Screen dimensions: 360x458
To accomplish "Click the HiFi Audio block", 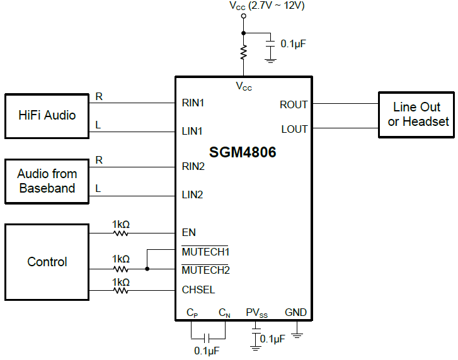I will coord(47,116).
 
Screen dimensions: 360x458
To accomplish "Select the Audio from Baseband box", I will coord(47,181).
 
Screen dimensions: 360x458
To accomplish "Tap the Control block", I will coord(47,262).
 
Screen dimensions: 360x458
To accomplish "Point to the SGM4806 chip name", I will coord(243,152).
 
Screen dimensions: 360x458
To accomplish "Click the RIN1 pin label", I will coord(193,102).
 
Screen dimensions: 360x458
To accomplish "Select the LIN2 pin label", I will coord(193,194).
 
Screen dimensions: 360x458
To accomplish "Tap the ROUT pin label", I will coord(294,104).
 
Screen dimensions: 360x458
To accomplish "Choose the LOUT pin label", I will coord(294,129).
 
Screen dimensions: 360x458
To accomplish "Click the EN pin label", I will coord(188,232).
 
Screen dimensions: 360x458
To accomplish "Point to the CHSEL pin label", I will coord(198,290).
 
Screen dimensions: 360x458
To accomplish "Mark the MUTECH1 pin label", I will coord(205,252).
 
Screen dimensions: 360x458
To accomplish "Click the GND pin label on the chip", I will coord(296,312).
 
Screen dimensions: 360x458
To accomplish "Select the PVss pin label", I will coord(256,312).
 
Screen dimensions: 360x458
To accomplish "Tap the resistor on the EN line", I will coord(120,233).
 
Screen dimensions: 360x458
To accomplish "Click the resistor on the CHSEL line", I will coord(120,290).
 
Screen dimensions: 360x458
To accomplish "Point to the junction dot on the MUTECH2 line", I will coord(147,269).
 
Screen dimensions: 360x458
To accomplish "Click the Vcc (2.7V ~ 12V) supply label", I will coord(267,6).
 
